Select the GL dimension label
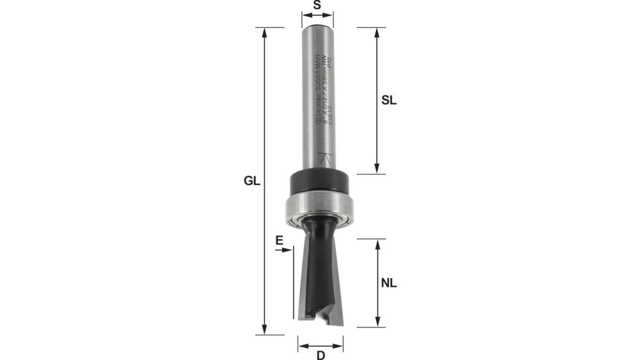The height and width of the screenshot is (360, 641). (252, 181)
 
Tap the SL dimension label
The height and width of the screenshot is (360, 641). (389, 101)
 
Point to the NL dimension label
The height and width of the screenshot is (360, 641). (389, 282)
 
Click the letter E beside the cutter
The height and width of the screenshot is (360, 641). (279, 241)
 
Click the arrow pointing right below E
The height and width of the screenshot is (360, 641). (287, 250)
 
